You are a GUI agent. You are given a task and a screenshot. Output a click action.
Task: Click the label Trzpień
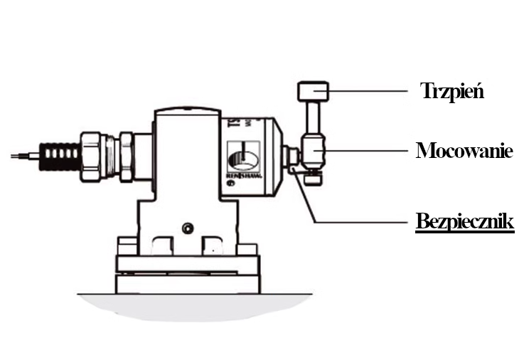coord(452,91)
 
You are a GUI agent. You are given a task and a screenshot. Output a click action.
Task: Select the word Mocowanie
coord(464,151)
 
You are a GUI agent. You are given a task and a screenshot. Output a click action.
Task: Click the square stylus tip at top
coord(313,91)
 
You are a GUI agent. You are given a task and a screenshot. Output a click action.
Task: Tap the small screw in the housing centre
coord(188,228)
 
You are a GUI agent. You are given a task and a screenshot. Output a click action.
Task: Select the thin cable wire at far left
coord(23,154)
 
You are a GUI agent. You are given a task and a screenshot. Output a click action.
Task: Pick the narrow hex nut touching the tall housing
coord(124,156)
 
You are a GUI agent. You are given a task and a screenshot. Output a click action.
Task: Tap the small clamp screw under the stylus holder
coord(311,178)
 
